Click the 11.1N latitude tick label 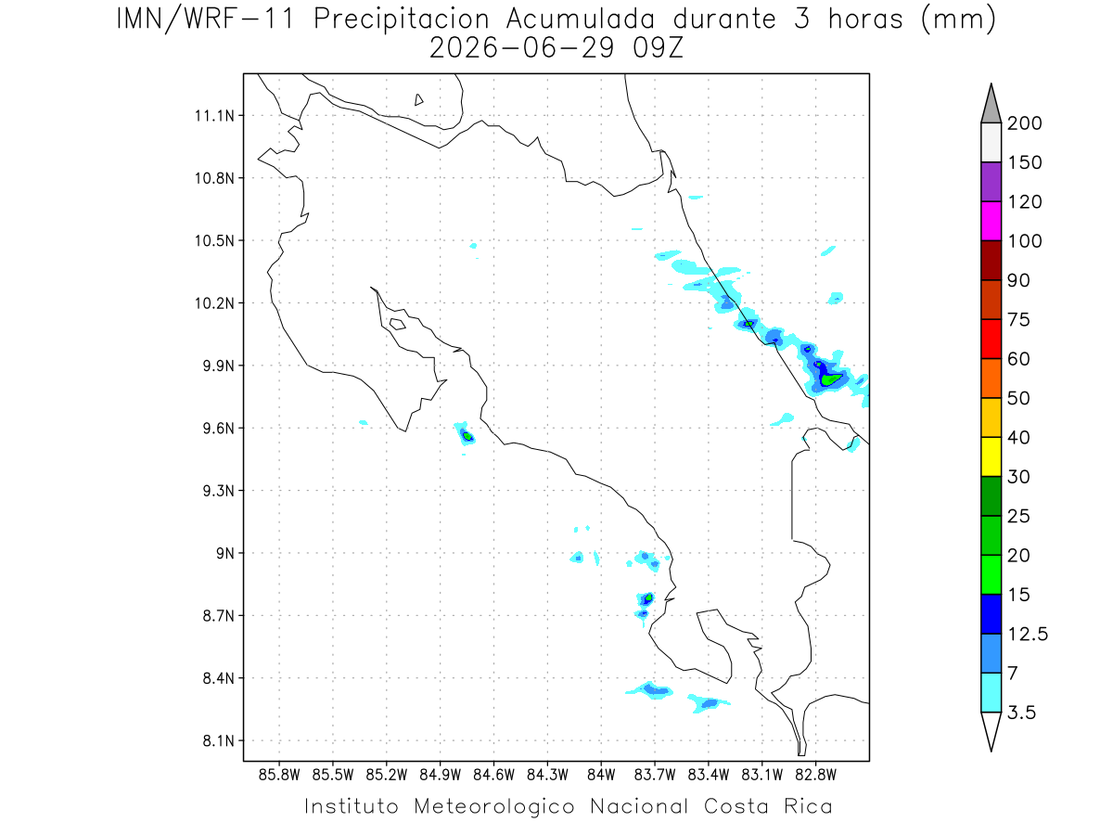[x=214, y=116]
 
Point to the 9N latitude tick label [x=225, y=553]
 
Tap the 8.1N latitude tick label [x=219, y=740]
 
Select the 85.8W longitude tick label [x=279, y=775]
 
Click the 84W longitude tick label [x=601, y=775]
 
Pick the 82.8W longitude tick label [x=815, y=775]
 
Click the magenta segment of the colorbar [x=991, y=221]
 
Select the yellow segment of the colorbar [x=991, y=456]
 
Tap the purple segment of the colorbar [x=991, y=182]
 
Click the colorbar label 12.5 [x=1027, y=634]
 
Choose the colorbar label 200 [x=1024, y=123]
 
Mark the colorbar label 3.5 [x=1021, y=713]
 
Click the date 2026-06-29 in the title [x=521, y=49]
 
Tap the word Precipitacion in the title [x=401, y=19]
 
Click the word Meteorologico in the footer [x=493, y=806]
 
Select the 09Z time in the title [x=658, y=49]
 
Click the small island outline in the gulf [x=397, y=324]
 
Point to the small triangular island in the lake [x=418, y=100]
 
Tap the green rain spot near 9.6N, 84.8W [x=467, y=436]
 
